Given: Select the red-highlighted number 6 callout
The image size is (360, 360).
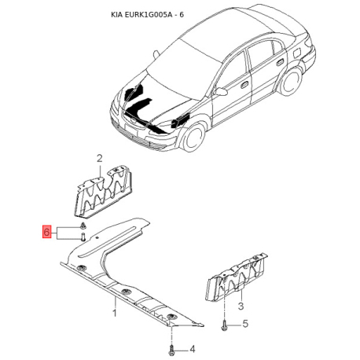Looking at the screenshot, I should click(47, 232).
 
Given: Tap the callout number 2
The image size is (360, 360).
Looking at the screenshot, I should click(100, 159).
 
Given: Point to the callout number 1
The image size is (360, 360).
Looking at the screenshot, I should click(114, 313).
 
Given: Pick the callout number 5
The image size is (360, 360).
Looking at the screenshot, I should click(245, 324).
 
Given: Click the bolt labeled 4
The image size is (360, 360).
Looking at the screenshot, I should click(171, 346).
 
